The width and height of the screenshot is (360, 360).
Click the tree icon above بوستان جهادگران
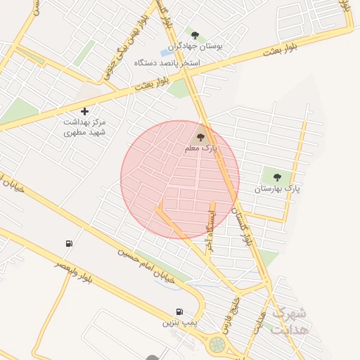tap(195, 35)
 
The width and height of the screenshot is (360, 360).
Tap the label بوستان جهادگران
tap(195, 46)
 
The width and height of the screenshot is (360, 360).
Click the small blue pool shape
tap(167, 52)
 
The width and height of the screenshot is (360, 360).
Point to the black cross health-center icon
tap(84, 111)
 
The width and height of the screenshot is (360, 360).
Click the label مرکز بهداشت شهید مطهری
tap(84, 127)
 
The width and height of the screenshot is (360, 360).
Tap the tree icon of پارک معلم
tap(200, 137)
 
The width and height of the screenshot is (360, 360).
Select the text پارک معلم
tap(201, 148)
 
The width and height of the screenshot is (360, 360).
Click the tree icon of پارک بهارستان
tap(277, 177)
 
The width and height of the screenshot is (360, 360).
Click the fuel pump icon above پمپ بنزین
tap(179, 311)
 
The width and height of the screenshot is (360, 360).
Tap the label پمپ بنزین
tap(176, 323)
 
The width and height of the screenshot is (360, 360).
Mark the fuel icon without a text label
tap(69, 243)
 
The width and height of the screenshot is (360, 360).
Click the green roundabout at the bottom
tap(217, 345)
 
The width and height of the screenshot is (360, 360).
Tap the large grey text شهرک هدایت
tap(290, 321)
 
